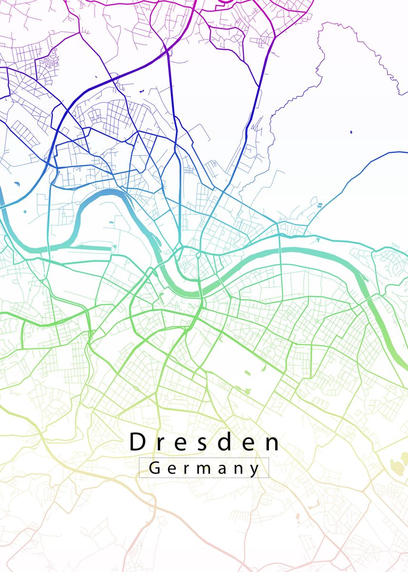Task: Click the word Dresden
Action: pyautogui.click(x=205, y=442)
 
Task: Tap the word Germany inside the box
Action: pyautogui.click(x=204, y=468)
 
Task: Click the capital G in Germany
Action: pyautogui.click(x=155, y=468)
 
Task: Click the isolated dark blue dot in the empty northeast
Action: pyautogui.click(x=351, y=132)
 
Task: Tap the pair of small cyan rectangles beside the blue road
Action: pyautogui.click(x=318, y=205)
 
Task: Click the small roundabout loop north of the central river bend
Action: pyautogui.click(x=198, y=256)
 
